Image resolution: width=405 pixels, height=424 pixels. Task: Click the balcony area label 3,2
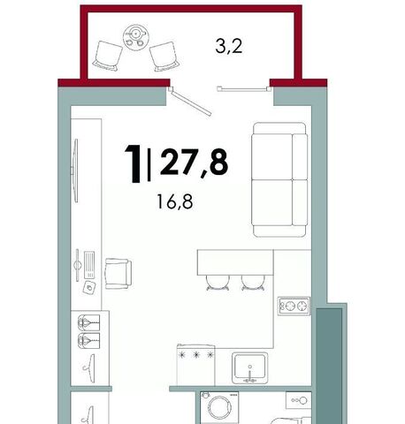[229, 47]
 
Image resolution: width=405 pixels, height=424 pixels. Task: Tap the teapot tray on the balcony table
[135, 37]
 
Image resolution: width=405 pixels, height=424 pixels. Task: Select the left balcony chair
[108, 56]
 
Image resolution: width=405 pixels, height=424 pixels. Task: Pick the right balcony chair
[164, 57]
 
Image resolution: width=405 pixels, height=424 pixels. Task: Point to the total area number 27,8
[194, 162]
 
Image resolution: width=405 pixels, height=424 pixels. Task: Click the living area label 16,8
[175, 201]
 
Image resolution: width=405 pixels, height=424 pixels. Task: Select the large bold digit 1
[134, 163]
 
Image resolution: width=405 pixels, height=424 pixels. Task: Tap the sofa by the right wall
[279, 179]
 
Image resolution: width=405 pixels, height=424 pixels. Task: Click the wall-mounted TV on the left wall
[75, 170]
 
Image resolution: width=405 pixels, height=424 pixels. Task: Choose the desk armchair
[118, 274]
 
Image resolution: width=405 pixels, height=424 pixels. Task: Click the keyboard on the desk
[89, 265]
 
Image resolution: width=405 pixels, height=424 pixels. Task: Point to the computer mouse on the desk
[89, 287]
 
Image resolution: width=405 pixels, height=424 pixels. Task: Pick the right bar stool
[253, 283]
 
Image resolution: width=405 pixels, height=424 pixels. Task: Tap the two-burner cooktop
[294, 306]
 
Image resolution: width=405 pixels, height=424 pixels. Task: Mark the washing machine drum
[219, 408]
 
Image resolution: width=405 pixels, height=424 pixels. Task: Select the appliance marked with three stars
[195, 365]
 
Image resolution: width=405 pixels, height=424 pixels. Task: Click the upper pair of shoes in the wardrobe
[89, 322]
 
